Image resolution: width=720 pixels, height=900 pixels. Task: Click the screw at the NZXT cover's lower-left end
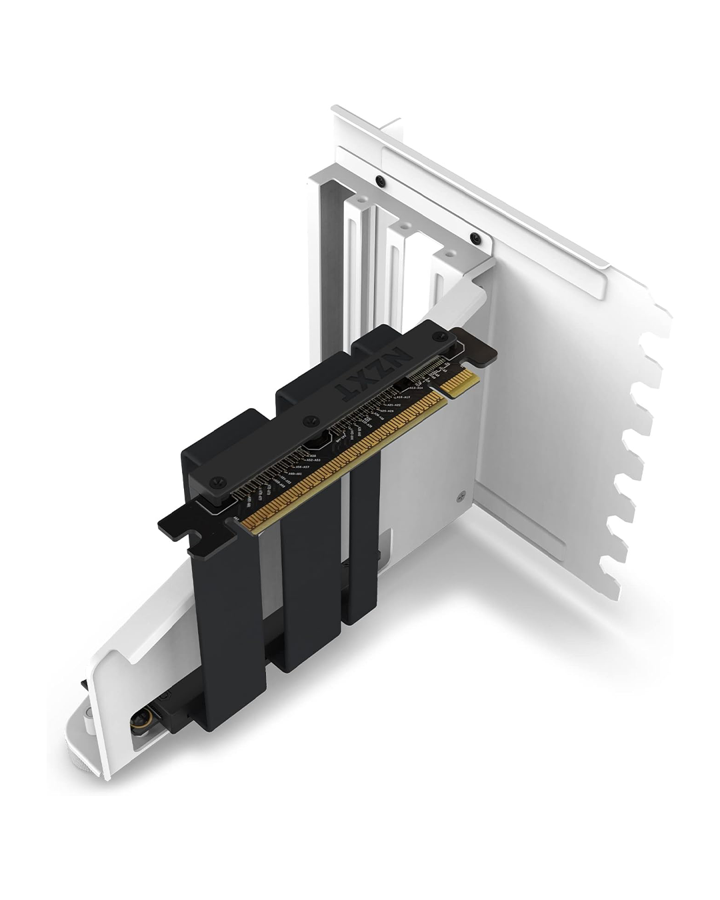[217, 478]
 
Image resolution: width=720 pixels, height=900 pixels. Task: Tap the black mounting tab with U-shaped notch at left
[179, 527]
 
